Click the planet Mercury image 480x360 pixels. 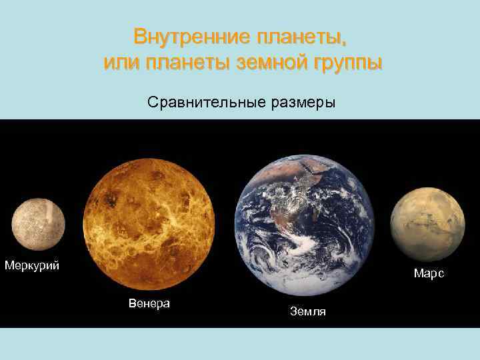click(38, 225)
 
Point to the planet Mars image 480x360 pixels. click(427, 224)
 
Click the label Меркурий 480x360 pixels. click(32, 266)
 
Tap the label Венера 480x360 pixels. click(149, 303)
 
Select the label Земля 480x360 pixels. click(308, 311)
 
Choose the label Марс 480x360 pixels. click(429, 273)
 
